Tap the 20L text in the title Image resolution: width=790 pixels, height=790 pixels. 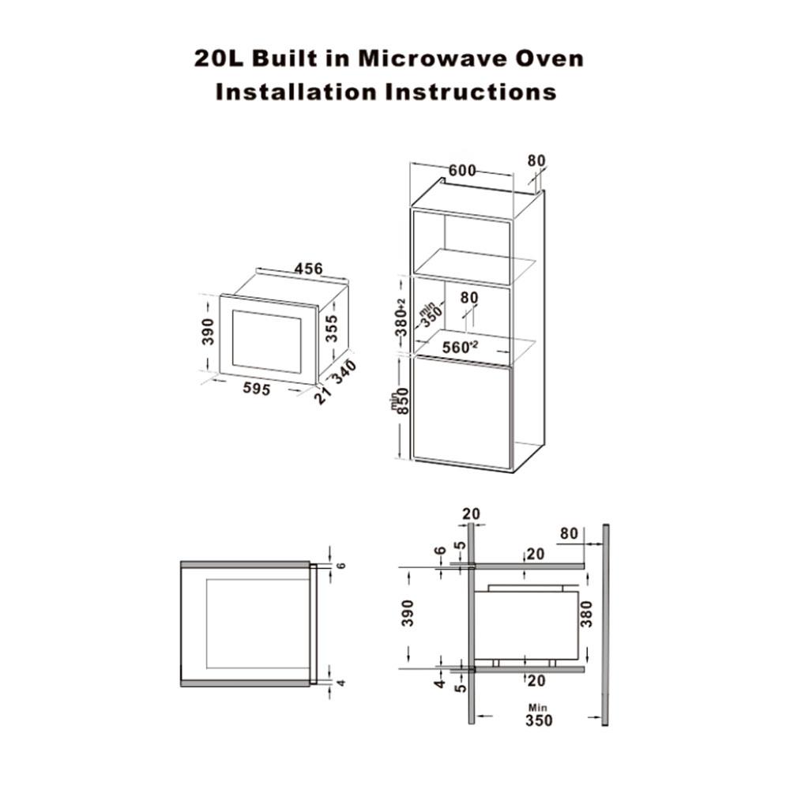[x=219, y=59]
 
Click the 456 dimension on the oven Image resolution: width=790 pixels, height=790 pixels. [x=308, y=269]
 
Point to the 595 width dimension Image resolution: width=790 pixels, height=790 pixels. [x=257, y=389]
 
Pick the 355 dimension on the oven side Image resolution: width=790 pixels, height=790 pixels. [x=331, y=328]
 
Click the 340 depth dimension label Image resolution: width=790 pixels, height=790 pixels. [x=344, y=371]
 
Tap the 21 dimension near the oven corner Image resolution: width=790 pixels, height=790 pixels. [x=322, y=396]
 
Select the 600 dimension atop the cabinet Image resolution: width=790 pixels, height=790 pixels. [x=462, y=171]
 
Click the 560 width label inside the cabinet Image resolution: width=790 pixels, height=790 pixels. [x=460, y=347]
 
